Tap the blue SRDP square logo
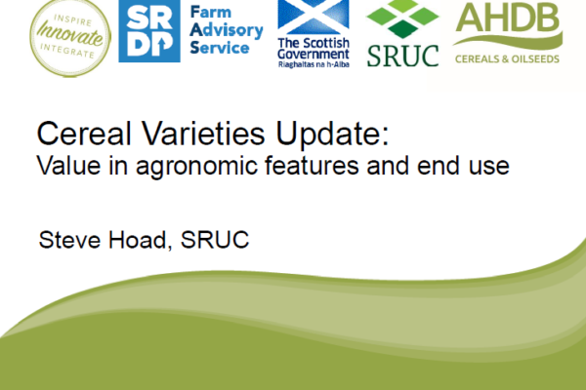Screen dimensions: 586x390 149,31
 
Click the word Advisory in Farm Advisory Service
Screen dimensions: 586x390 227,30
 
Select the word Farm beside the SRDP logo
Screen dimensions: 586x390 211,12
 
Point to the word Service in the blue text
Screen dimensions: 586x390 220,48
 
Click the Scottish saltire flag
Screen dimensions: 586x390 314,17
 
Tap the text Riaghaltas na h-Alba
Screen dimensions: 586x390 314,64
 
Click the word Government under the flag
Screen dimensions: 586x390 314,55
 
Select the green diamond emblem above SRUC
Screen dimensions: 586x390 402,19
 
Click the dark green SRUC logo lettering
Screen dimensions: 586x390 402,56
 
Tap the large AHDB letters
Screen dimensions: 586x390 508,18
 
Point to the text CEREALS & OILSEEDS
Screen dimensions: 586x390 507,58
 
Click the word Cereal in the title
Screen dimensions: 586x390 84,134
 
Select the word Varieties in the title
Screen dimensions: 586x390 204,134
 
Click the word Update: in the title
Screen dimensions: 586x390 333,135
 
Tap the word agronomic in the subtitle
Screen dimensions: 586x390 196,166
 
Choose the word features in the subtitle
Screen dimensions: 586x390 313,165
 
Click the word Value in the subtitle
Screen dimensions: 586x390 68,165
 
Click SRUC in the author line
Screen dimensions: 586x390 215,240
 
